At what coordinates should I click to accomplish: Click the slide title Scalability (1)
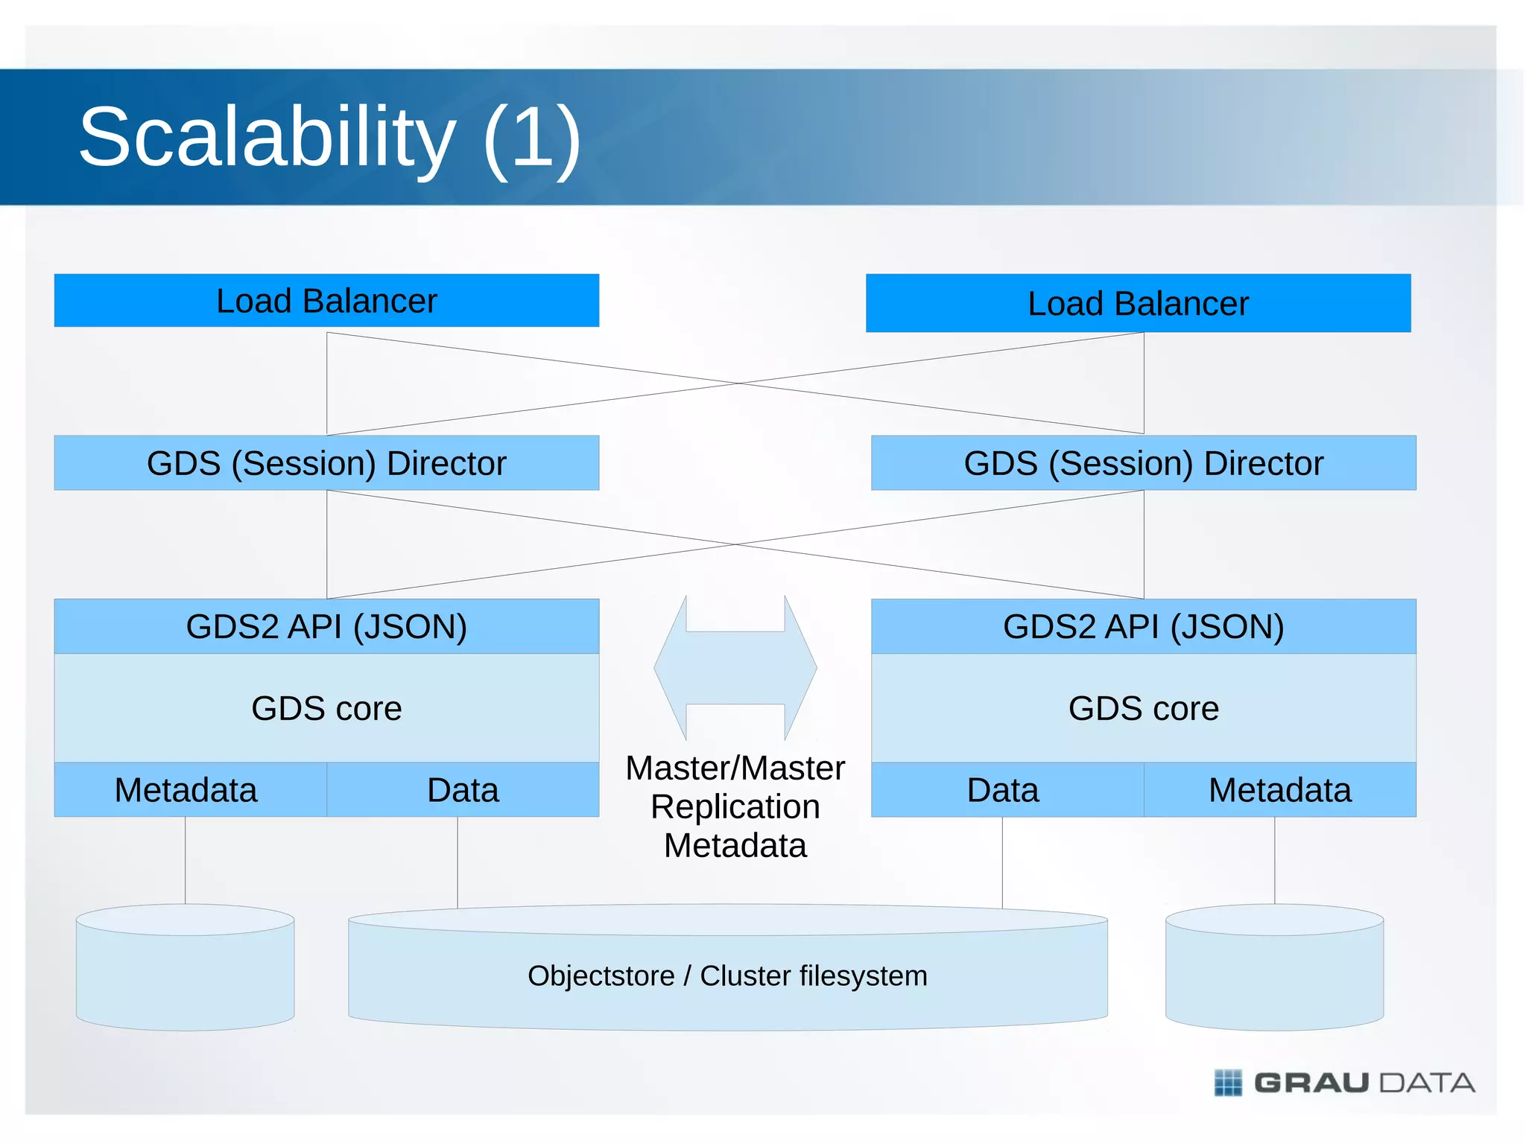click(x=329, y=138)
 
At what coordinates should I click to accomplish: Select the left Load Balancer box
click(x=326, y=301)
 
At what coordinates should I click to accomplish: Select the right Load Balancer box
click(x=1138, y=303)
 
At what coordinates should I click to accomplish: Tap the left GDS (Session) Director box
click(x=326, y=463)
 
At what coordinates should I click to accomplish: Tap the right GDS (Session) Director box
click(x=1143, y=463)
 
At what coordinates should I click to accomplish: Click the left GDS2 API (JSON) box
click(x=326, y=626)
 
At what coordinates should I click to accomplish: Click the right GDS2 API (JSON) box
click(x=1143, y=626)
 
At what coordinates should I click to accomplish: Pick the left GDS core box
click(x=326, y=708)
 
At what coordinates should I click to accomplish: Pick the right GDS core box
click(x=1143, y=708)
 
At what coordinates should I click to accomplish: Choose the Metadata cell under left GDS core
click(x=186, y=790)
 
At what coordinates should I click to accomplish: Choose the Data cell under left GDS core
click(x=463, y=790)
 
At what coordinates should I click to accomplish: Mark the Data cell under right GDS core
click(x=1003, y=790)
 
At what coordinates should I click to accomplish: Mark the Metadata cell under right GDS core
click(x=1279, y=790)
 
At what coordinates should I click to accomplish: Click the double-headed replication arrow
click(x=735, y=668)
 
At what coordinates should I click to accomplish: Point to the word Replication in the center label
click(x=735, y=807)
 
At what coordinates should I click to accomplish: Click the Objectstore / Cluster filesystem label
click(x=727, y=975)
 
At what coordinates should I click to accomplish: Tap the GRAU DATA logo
click(x=1344, y=1083)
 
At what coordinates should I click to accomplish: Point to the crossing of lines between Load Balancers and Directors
click(x=738, y=383)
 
